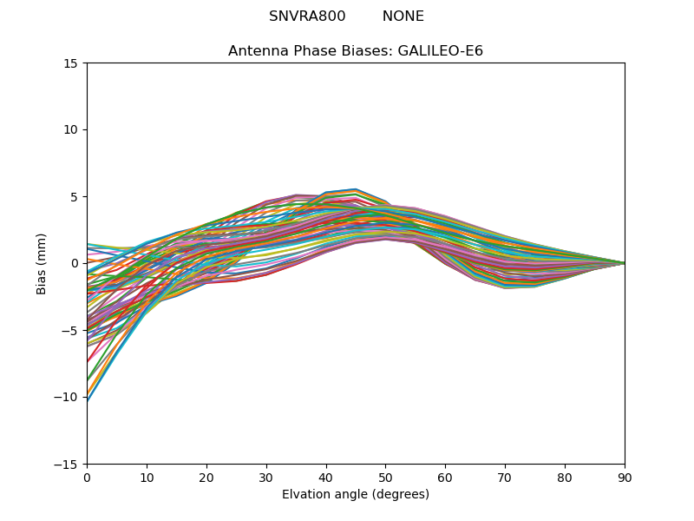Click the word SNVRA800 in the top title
pyautogui.click(x=307, y=16)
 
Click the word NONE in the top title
pyautogui.click(x=403, y=16)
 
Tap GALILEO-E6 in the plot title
pyautogui.click(x=441, y=51)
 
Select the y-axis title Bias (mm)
pyautogui.click(x=42, y=263)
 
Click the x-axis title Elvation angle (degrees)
pyautogui.click(x=356, y=494)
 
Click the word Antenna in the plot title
pyautogui.click(x=256, y=51)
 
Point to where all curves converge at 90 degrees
pyautogui.click(x=624, y=263)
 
